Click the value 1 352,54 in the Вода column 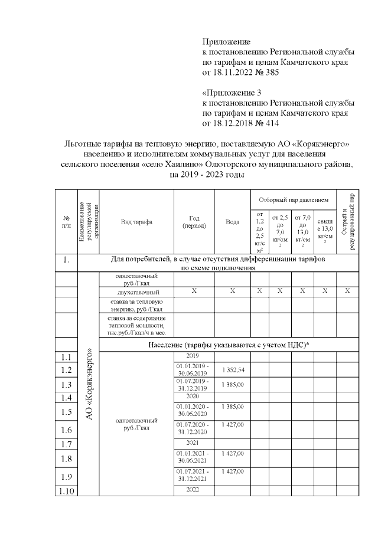click(x=232, y=370)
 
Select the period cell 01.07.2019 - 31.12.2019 click(x=193, y=385)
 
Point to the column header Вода click(x=232, y=222)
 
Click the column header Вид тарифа click(x=136, y=222)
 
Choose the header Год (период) click(x=193, y=222)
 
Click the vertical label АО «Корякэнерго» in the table click(x=89, y=384)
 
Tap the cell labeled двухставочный click(x=136, y=291)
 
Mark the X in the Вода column click(x=232, y=291)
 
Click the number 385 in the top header click(x=264, y=73)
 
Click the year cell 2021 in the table click(x=193, y=442)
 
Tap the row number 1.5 click(x=66, y=412)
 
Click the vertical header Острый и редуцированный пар click(x=348, y=222)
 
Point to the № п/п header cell click(x=66, y=222)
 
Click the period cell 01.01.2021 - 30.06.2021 click(x=193, y=457)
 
